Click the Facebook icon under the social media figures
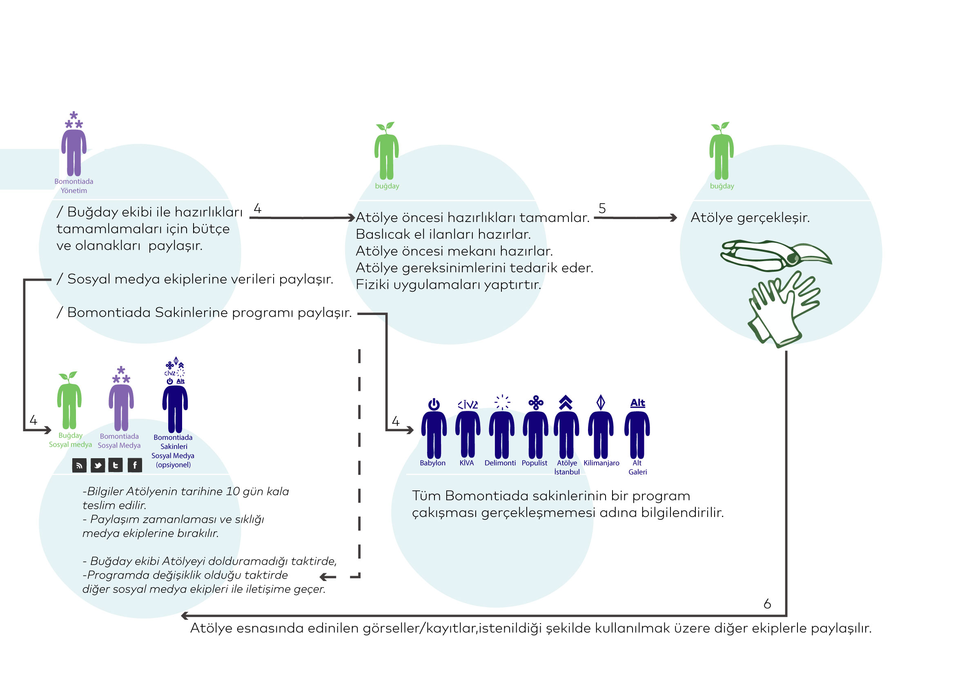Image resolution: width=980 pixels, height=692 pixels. [x=135, y=465]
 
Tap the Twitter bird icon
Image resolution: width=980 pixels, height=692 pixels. [x=98, y=465]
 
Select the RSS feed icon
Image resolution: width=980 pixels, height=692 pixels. [x=79, y=465]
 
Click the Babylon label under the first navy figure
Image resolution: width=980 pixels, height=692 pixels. [x=432, y=463]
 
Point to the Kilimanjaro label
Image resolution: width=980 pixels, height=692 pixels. [x=601, y=463]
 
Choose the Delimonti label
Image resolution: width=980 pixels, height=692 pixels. [x=500, y=463]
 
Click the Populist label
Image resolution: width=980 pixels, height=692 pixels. [x=535, y=463]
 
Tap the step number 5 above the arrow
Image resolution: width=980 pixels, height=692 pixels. [x=602, y=208]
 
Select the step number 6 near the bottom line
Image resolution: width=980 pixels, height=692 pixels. [x=767, y=604]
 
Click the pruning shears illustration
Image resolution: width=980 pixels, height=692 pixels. [x=775, y=255]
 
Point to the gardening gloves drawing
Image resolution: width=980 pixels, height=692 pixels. [x=783, y=309]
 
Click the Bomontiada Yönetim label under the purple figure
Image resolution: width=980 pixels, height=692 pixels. [x=74, y=186]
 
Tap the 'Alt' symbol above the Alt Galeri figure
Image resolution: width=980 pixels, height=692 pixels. [x=638, y=403]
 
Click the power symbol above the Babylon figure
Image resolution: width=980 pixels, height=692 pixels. [x=434, y=404]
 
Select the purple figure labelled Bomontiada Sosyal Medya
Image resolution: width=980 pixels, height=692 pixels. [x=121, y=407]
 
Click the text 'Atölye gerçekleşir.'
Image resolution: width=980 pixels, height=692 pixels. [x=750, y=217]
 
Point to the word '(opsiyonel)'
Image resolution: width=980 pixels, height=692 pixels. [x=173, y=465]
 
